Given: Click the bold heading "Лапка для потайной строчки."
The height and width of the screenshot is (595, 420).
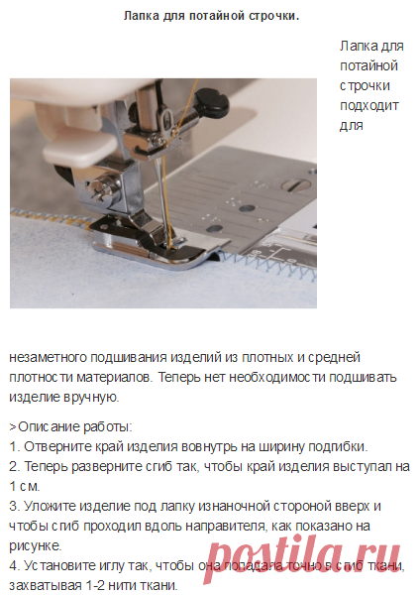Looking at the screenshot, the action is click(211, 16).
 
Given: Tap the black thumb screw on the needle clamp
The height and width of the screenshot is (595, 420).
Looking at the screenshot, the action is click(212, 101).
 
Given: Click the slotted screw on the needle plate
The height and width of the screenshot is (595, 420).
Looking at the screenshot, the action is click(296, 184).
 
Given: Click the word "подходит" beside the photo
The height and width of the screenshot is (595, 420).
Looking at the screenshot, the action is click(369, 105).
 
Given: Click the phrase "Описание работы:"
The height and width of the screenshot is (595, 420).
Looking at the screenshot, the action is click(75, 426).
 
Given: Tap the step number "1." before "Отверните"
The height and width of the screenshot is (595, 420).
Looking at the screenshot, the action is click(15, 446).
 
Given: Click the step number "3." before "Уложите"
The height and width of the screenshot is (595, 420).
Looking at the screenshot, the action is click(15, 506).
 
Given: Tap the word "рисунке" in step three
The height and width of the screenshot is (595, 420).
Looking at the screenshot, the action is click(35, 546).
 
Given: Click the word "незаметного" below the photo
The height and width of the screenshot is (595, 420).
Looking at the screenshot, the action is click(48, 357).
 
